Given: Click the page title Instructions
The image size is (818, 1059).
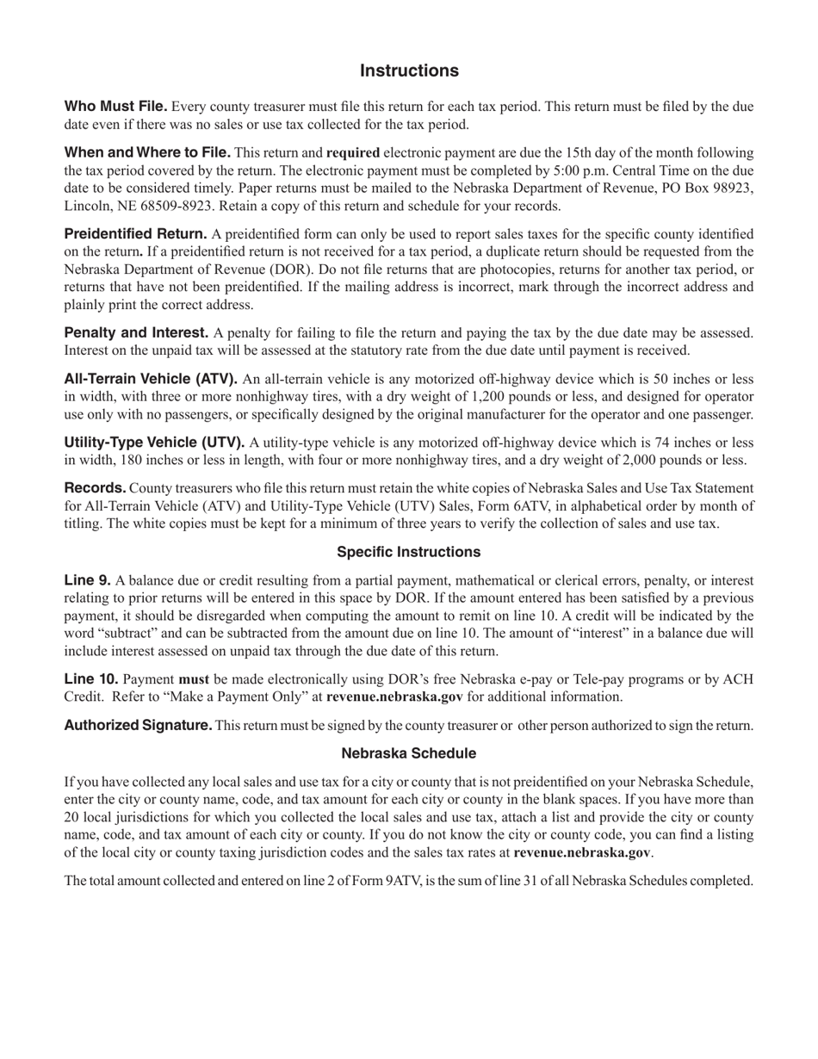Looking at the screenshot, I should click(x=409, y=71).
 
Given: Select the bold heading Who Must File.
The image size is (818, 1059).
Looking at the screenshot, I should click(x=115, y=106).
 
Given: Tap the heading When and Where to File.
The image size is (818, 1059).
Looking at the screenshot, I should click(x=147, y=152).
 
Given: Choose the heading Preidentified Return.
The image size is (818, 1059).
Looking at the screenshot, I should click(x=135, y=233).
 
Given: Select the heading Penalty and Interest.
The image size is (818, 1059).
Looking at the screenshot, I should click(x=136, y=332).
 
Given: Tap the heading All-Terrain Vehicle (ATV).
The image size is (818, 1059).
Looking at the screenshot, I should click(x=151, y=378).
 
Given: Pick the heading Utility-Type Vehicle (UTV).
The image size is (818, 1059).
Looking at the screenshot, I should click(x=154, y=442).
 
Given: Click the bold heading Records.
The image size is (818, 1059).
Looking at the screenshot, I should click(x=95, y=487).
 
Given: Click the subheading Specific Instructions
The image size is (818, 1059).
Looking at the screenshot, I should click(x=408, y=552).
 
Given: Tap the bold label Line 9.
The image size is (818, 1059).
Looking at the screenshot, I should click(x=87, y=579).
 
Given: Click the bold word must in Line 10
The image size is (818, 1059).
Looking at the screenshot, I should click(x=193, y=679).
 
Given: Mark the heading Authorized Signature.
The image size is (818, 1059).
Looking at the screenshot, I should click(x=138, y=725).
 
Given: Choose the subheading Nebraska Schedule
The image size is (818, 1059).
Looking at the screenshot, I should click(x=408, y=753).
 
